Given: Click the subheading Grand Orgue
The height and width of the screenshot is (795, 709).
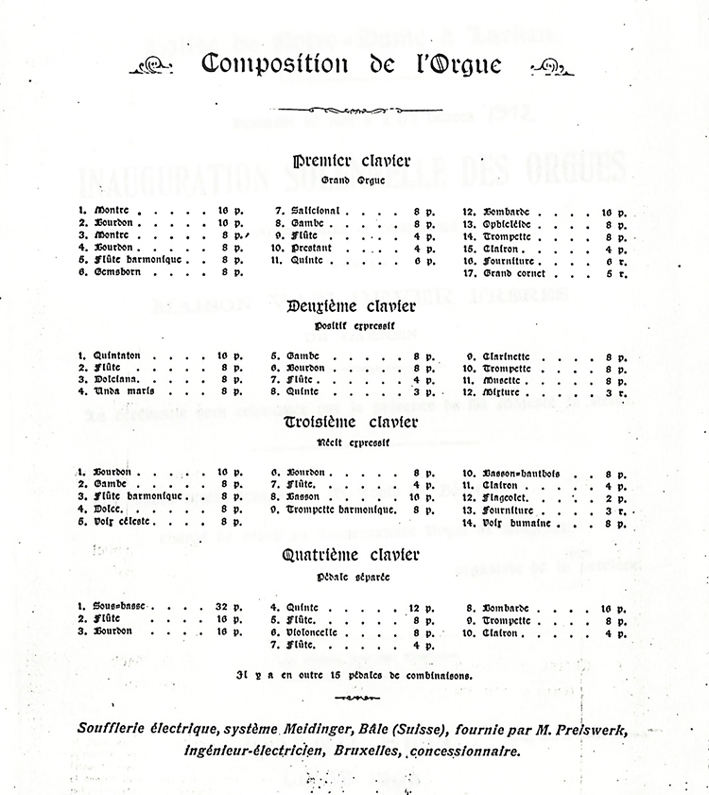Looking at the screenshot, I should click(354, 181).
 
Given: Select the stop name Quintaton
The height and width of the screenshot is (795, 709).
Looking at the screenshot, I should click(118, 354).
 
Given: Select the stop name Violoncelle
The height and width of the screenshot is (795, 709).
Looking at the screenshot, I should click(319, 632).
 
